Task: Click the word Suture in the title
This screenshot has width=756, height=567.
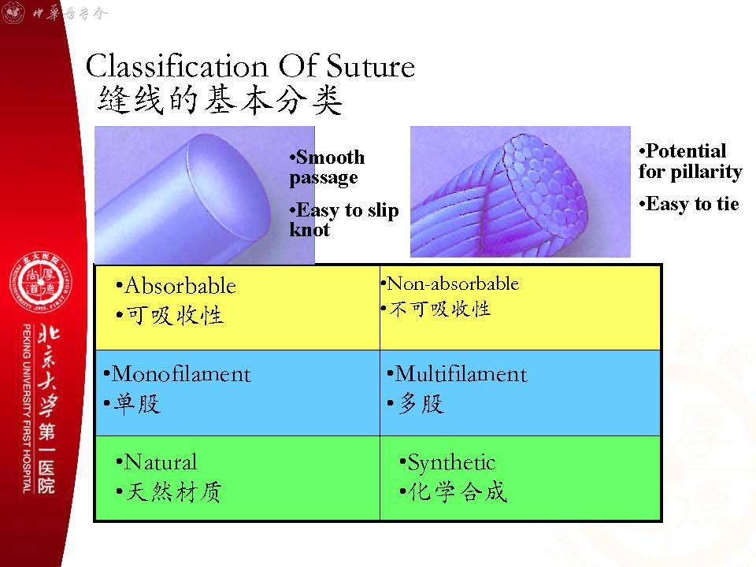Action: (x=370, y=66)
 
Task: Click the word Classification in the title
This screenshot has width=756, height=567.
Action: (x=176, y=66)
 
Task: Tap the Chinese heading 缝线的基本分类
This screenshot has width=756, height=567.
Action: (x=220, y=100)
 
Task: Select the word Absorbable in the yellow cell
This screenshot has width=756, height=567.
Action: (x=180, y=286)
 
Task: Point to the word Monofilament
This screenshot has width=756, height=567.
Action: (x=181, y=374)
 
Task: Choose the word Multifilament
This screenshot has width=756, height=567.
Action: (x=461, y=374)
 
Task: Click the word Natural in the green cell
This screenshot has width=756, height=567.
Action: (x=161, y=462)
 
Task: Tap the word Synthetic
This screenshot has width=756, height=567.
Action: (x=451, y=463)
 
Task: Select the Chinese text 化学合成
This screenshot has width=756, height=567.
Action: (x=458, y=491)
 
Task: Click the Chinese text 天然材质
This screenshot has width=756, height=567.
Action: (x=174, y=492)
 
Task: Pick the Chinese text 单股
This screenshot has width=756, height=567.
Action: (x=136, y=403)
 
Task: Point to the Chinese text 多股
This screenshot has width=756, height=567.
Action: (x=421, y=403)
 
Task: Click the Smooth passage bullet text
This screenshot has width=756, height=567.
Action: (x=327, y=167)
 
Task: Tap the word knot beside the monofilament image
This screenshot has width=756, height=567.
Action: (x=309, y=230)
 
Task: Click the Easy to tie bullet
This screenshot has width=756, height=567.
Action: (x=689, y=204)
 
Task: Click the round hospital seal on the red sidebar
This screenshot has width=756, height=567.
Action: (x=41, y=282)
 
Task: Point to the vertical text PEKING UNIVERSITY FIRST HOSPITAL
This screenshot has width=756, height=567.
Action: (x=27, y=409)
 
